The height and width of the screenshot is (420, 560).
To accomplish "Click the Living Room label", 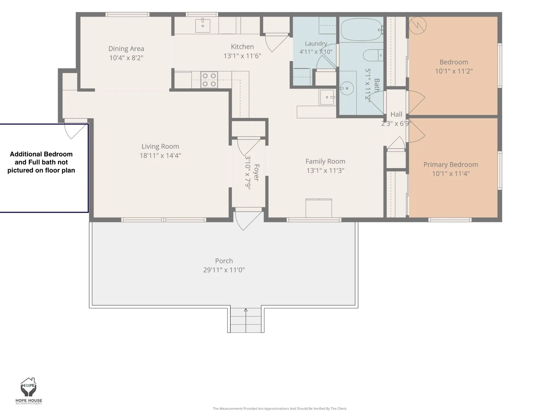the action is point(160,146).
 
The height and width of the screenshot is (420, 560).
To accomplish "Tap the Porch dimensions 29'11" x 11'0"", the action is point(224,270).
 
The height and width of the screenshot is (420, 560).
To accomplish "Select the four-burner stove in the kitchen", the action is point(209,80).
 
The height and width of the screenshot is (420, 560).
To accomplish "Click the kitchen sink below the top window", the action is point(203,25).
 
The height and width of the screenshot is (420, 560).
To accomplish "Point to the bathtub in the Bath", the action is point(361,30).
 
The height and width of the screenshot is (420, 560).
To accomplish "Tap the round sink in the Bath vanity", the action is point(347,89).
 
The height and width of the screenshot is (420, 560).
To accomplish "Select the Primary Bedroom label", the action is point(451,165).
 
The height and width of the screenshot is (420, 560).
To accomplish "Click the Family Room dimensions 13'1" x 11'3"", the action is point(325,170).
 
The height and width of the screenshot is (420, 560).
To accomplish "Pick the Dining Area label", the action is point(126,49).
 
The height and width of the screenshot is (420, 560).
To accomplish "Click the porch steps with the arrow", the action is point(246,320).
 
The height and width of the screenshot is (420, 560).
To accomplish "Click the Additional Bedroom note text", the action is point(41,162).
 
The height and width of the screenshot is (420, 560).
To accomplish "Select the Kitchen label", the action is point(242,47).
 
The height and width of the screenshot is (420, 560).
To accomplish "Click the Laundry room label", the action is point(316,43).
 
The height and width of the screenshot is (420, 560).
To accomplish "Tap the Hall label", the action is point(396,114).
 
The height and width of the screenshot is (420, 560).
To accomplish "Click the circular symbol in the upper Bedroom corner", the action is point(418,25).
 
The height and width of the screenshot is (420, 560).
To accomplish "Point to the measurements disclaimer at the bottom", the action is point(280,409).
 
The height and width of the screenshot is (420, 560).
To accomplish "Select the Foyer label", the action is point(256,172).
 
